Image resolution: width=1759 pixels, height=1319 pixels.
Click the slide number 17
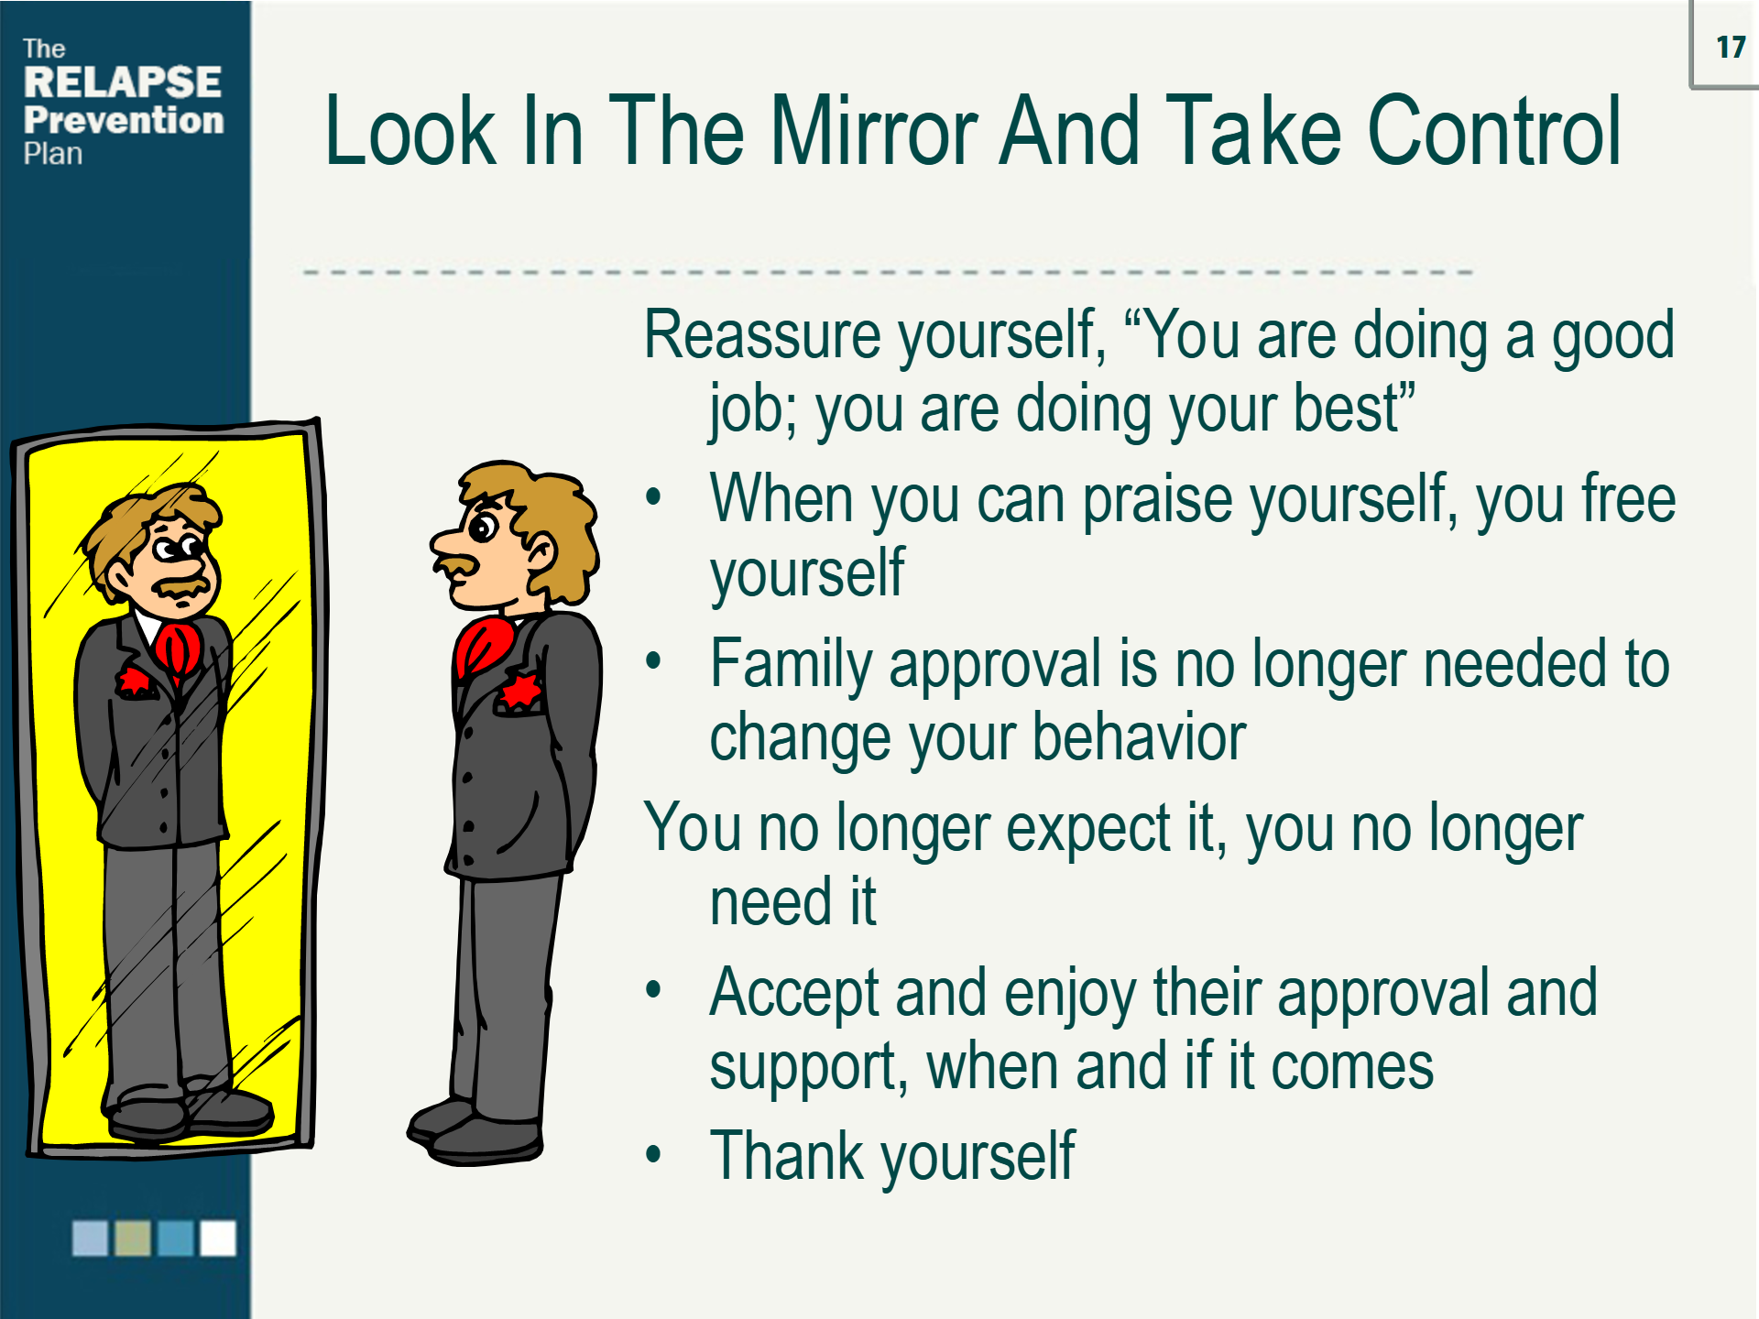tap(1730, 47)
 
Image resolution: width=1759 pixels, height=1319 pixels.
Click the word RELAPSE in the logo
tap(122, 82)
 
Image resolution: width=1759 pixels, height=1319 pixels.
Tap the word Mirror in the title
tap(875, 132)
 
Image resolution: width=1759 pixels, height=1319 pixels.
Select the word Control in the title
tap(1494, 132)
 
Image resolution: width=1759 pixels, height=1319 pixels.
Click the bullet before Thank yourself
tap(653, 1154)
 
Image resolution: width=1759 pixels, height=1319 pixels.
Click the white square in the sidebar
tap(218, 1238)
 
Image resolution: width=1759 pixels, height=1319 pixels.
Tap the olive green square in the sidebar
tap(133, 1238)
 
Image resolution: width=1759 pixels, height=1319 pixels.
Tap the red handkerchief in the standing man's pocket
tap(520, 692)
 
